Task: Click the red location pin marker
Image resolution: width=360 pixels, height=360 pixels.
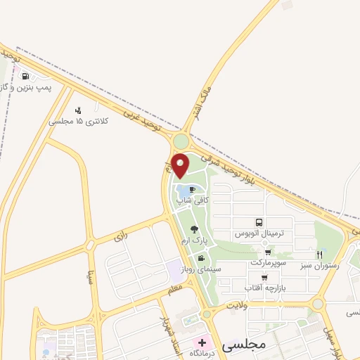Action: click(181, 166)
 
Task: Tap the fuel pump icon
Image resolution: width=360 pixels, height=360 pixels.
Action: click(26, 77)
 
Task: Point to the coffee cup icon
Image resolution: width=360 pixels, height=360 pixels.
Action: click(193, 190)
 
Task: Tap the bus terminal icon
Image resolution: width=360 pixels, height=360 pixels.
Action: click(259, 221)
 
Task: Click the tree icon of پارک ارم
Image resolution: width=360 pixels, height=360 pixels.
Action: click(194, 229)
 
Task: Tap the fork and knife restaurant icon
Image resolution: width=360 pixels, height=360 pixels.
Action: click(321, 254)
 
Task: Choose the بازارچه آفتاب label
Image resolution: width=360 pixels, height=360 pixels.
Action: click(264, 288)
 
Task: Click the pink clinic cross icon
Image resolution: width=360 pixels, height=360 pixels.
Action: click(202, 342)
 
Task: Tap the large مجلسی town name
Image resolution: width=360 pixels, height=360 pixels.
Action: click(241, 346)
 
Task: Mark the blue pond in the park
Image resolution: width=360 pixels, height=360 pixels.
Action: click(186, 191)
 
